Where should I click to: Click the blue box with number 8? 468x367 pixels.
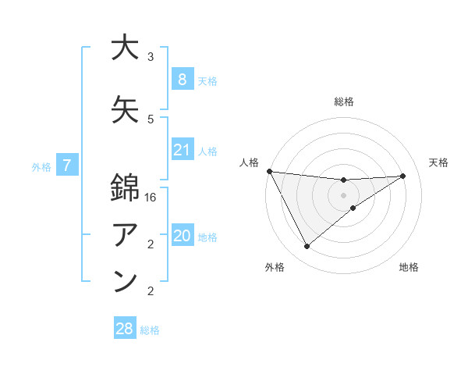[182, 79]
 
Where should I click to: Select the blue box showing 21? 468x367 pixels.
[182, 150]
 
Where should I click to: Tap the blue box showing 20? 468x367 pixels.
[182, 237]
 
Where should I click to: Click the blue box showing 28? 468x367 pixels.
[124, 329]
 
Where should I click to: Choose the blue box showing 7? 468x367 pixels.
[67, 166]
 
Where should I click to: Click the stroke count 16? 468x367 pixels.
[151, 198]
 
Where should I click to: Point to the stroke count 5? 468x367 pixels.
[151, 119]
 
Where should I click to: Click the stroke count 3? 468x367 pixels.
[151, 57]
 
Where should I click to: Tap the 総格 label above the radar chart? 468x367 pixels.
[343, 102]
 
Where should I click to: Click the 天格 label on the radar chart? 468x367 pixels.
[438, 162]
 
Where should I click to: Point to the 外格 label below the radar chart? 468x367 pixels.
[275, 268]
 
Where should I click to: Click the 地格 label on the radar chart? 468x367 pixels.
[409, 268]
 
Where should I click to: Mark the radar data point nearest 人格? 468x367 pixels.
[269, 171]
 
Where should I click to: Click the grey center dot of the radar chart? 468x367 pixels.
[343, 195]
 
